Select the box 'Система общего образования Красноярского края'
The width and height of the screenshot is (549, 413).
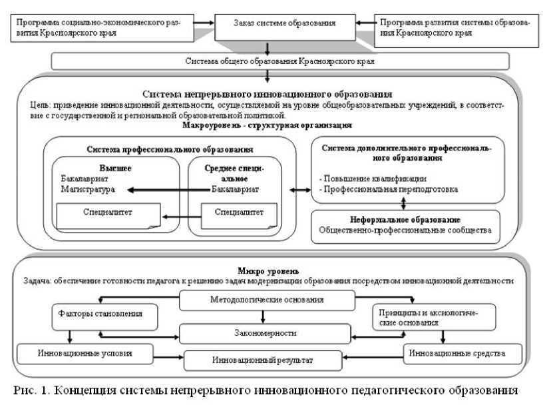point(279,61)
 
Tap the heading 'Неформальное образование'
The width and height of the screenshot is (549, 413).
point(405,219)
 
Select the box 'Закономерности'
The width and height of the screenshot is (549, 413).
point(264,332)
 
